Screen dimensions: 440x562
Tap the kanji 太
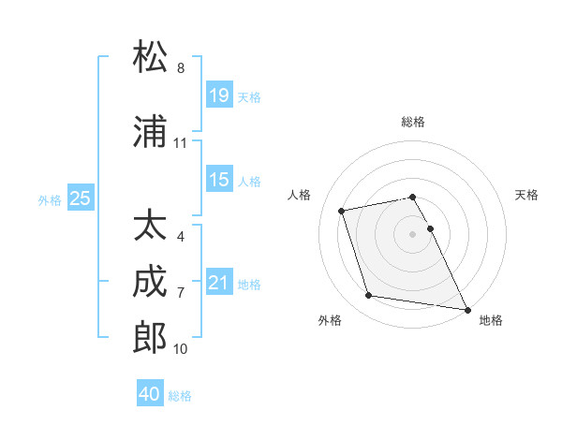click(151, 226)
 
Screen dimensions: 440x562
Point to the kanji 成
click(151, 282)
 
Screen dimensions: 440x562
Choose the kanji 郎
click(151, 338)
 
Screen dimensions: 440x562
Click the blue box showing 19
click(219, 95)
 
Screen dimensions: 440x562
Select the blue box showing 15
click(219, 179)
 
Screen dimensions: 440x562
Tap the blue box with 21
click(219, 282)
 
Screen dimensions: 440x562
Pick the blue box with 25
click(81, 198)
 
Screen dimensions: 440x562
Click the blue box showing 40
click(150, 394)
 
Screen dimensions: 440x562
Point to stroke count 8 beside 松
click(181, 68)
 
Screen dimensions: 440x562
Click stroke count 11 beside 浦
click(181, 143)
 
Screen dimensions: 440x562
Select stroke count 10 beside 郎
click(181, 349)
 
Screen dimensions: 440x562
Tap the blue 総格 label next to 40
click(180, 396)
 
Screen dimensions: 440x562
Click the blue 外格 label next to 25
click(50, 199)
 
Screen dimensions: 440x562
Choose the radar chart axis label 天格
click(526, 195)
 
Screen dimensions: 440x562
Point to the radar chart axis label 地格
click(491, 320)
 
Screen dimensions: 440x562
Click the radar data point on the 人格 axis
click(342, 210)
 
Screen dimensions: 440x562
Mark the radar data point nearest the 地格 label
click(466, 309)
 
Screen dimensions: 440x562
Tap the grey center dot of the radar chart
click(412, 233)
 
